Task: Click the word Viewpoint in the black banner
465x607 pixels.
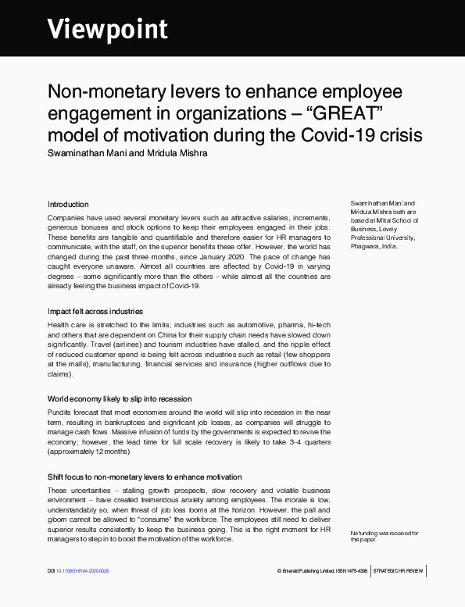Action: coord(108,29)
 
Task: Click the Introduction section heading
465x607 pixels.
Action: coord(68,204)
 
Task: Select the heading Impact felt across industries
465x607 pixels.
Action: coord(95,311)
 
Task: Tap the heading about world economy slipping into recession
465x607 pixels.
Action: coord(120,398)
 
